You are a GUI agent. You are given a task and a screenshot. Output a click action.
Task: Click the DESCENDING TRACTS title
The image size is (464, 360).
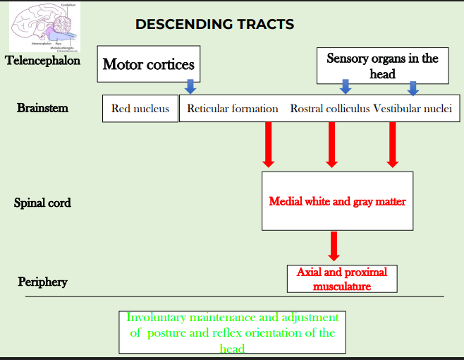click(x=214, y=25)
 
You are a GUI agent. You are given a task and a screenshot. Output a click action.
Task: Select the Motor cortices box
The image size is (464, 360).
click(x=148, y=65)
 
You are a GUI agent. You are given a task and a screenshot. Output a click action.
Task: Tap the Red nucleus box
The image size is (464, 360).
click(x=140, y=109)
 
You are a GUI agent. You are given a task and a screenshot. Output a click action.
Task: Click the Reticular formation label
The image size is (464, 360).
click(x=232, y=109)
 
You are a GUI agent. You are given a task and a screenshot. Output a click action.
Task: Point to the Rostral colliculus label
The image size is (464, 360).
click(x=330, y=109)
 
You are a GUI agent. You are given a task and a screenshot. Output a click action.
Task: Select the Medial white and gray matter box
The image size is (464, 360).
click(x=337, y=201)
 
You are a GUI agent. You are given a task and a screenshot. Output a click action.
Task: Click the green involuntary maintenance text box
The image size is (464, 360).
click(x=232, y=332)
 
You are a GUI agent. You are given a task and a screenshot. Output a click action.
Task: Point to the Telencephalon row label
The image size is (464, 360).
click(x=42, y=61)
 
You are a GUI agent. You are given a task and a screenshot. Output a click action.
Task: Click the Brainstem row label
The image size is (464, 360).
click(x=42, y=108)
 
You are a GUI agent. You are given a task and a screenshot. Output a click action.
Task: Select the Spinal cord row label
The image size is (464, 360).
click(x=42, y=203)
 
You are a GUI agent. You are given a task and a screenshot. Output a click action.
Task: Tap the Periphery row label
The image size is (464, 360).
click(x=42, y=282)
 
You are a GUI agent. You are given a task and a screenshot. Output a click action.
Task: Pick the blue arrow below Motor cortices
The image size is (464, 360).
click(x=190, y=87)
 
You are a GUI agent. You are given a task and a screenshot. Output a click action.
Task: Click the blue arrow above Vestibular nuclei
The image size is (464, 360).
click(x=413, y=88)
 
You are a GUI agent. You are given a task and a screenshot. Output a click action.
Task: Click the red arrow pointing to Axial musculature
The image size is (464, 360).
click(x=334, y=246)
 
